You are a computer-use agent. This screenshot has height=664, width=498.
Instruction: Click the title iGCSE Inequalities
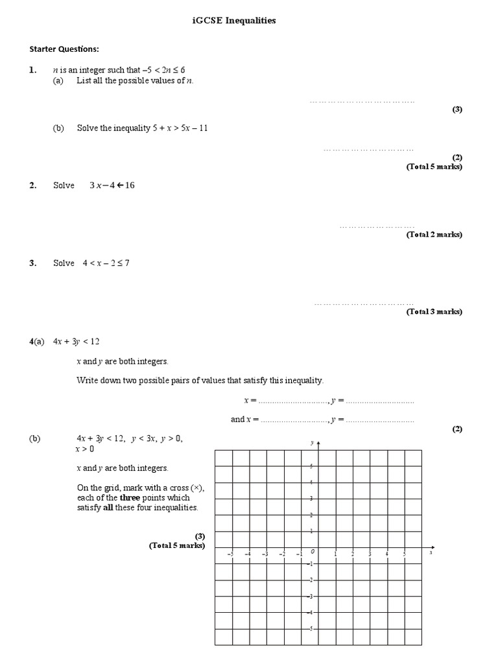pyautogui.click(x=234, y=21)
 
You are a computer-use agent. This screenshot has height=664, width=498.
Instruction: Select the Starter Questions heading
pyautogui.click(x=64, y=49)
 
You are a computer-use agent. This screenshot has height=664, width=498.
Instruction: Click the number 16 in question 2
pyautogui.click(x=130, y=185)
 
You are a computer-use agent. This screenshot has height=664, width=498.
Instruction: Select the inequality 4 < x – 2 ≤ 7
pyautogui.click(x=106, y=263)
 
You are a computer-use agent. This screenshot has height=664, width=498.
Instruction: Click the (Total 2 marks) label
pyautogui.click(x=434, y=235)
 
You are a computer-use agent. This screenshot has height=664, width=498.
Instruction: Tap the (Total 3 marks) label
pyautogui.click(x=434, y=312)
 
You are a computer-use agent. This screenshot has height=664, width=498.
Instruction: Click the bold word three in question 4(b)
pyautogui.click(x=143, y=497)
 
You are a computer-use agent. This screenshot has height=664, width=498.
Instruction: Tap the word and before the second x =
pyautogui.click(x=237, y=420)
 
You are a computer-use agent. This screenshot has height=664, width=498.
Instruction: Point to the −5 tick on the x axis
pyautogui.click(x=230, y=554)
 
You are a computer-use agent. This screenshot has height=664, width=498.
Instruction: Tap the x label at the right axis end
pyautogui.click(x=431, y=553)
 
